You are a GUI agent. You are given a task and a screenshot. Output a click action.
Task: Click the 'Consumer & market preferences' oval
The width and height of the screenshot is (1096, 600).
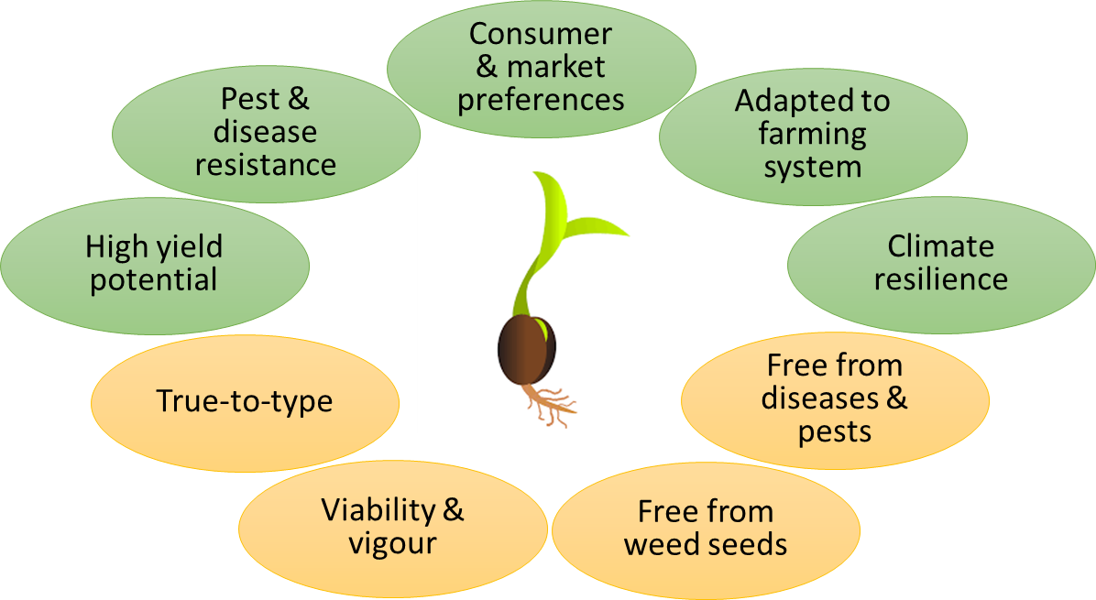point(540,67)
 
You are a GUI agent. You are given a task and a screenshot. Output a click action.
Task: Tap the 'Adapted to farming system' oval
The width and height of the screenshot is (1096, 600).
point(812,134)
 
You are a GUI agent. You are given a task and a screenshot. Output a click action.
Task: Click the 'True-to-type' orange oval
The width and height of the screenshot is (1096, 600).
point(244,401)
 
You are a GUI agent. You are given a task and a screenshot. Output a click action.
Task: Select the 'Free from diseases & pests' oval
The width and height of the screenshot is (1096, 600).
point(835,398)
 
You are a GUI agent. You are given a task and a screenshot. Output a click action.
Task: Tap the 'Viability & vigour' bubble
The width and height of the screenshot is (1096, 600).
point(392,526)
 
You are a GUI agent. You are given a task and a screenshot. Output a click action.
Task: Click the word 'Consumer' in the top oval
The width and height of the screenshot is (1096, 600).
point(541,35)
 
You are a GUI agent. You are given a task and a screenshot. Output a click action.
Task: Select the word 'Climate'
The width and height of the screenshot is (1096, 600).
point(940,245)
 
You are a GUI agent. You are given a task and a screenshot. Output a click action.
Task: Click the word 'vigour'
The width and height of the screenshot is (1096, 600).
point(392,544)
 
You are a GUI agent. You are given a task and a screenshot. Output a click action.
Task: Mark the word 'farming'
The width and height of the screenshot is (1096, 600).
point(812,135)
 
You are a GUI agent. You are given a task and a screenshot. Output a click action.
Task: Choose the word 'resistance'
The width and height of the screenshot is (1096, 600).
point(266,165)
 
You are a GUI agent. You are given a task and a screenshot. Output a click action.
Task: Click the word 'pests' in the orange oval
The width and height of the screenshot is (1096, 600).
point(835,431)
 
